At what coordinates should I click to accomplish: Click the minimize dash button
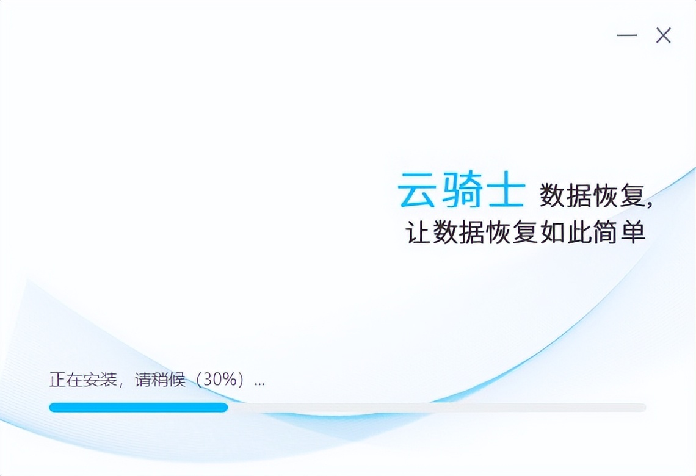coord(626,35)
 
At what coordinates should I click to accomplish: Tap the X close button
coord(664,35)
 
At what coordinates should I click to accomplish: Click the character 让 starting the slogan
coord(418,233)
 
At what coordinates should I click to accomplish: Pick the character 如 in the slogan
coord(553,233)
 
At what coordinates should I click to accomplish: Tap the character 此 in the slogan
coord(579,233)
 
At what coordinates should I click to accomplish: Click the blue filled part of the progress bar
coord(138,407)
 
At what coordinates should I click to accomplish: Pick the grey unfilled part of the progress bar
coord(437,407)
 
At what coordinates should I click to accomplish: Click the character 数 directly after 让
coord(445,233)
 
